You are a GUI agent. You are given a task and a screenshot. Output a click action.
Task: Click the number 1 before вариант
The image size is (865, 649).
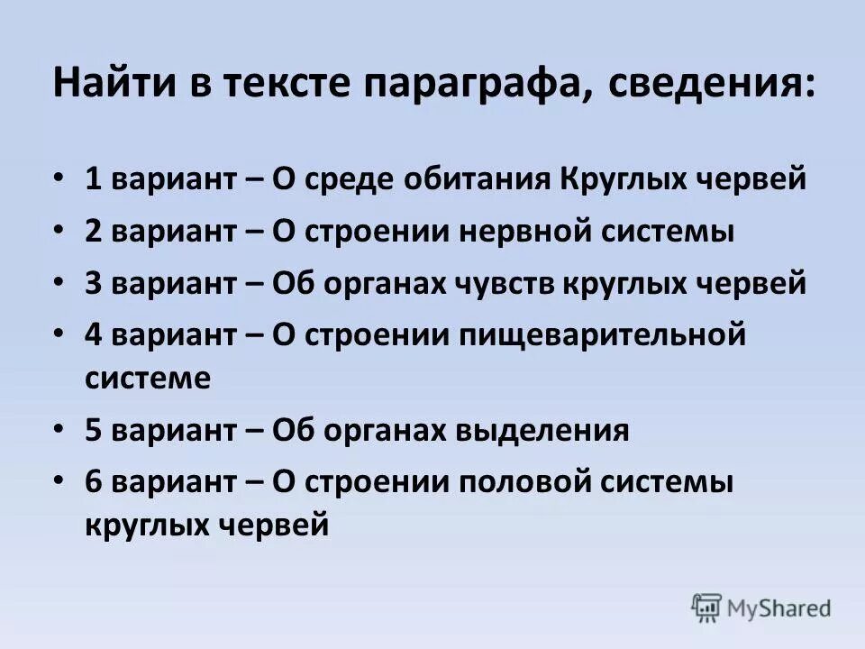(x=93, y=178)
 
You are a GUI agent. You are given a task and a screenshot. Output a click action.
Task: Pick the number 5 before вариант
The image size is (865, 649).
(x=93, y=429)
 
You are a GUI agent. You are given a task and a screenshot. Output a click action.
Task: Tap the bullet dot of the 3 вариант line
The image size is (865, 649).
(x=59, y=284)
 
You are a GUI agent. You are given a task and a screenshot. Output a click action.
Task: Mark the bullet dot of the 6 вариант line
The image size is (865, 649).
(x=59, y=481)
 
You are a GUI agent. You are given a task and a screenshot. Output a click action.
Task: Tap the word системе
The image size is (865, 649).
(x=148, y=377)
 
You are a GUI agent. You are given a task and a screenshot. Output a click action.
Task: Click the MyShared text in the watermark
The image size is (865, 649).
(x=780, y=608)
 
